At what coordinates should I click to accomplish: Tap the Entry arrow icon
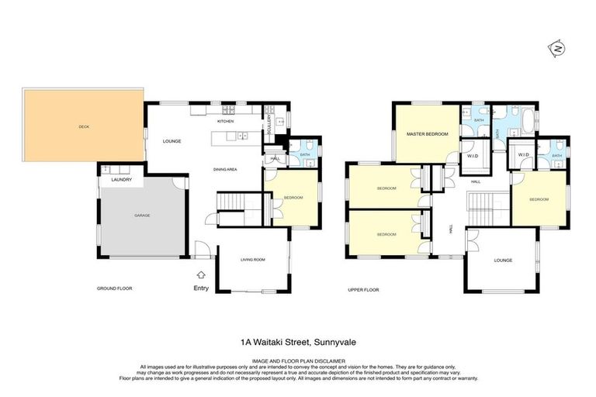click(x=202, y=274)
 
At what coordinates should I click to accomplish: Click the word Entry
click(x=202, y=288)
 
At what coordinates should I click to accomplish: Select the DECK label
click(x=83, y=126)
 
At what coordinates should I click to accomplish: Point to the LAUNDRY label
click(x=122, y=180)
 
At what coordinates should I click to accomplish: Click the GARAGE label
click(x=141, y=215)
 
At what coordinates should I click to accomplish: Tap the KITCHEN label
click(x=225, y=122)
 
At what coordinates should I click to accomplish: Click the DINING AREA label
click(x=225, y=169)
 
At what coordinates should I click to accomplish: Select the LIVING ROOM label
click(x=253, y=260)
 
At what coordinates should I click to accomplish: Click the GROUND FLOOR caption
click(x=115, y=288)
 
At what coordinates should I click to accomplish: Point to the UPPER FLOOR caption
click(x=363, y=288)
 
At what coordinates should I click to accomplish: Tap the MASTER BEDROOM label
click(x=428, y=134)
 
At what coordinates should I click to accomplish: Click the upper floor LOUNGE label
click(x=502, y=260)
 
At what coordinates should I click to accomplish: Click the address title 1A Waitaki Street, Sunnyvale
click(x=298, y=340)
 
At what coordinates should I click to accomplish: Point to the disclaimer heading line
click(x=298, y=360)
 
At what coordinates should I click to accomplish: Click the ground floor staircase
click(x=229, y=201)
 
